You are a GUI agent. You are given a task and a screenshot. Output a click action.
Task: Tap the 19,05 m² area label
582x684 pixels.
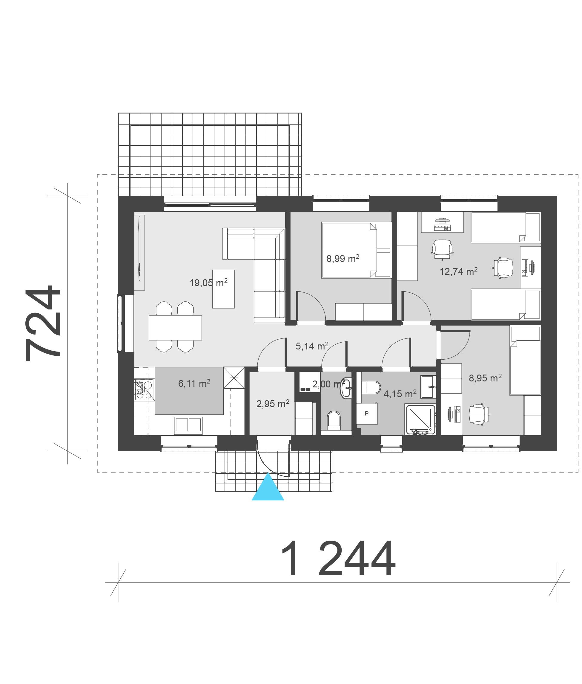click(208, 283)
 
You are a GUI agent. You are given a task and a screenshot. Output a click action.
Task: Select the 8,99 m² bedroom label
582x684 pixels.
click(343, 258)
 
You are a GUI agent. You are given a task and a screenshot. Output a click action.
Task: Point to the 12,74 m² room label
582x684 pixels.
click(459, 271)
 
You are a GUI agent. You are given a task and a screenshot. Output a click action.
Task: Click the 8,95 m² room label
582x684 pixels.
click(485, 378)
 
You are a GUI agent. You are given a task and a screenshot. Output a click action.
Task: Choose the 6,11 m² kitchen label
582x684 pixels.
click(194, 383)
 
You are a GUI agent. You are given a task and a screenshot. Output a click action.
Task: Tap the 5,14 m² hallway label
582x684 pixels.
click(312, 346)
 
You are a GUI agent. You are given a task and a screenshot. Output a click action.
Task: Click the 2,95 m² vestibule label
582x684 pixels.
click(273, 404)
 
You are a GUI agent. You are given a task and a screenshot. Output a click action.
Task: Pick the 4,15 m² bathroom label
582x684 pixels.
click(400, 394)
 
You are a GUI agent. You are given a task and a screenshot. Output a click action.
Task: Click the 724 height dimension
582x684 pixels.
click(43, 323)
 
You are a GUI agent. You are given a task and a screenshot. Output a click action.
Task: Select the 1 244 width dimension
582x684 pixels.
click(337, 559)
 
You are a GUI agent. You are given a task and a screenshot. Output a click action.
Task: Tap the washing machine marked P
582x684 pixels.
click(367, 413)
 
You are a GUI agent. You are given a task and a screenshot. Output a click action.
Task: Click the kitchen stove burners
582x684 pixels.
click(144, 390)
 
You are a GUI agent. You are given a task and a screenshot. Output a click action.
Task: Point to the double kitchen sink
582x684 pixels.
click(188, 424)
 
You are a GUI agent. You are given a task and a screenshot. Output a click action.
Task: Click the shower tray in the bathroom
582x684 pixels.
click(421, 420)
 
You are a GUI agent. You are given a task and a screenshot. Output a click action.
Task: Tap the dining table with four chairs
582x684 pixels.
click(175, 327)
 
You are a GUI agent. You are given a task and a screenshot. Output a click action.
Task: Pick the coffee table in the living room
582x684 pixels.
click(223, 289)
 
